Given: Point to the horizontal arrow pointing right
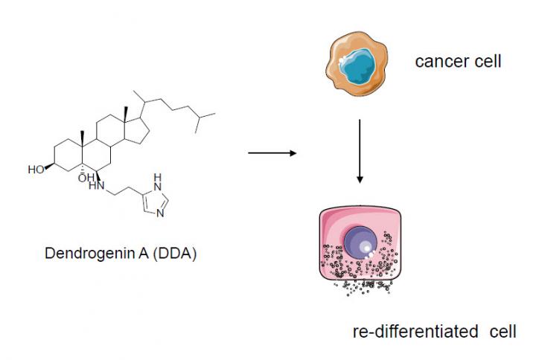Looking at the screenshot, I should [271, 153].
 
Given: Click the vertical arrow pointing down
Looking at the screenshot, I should [360, 150].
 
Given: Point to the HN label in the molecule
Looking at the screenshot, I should [96, 186].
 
